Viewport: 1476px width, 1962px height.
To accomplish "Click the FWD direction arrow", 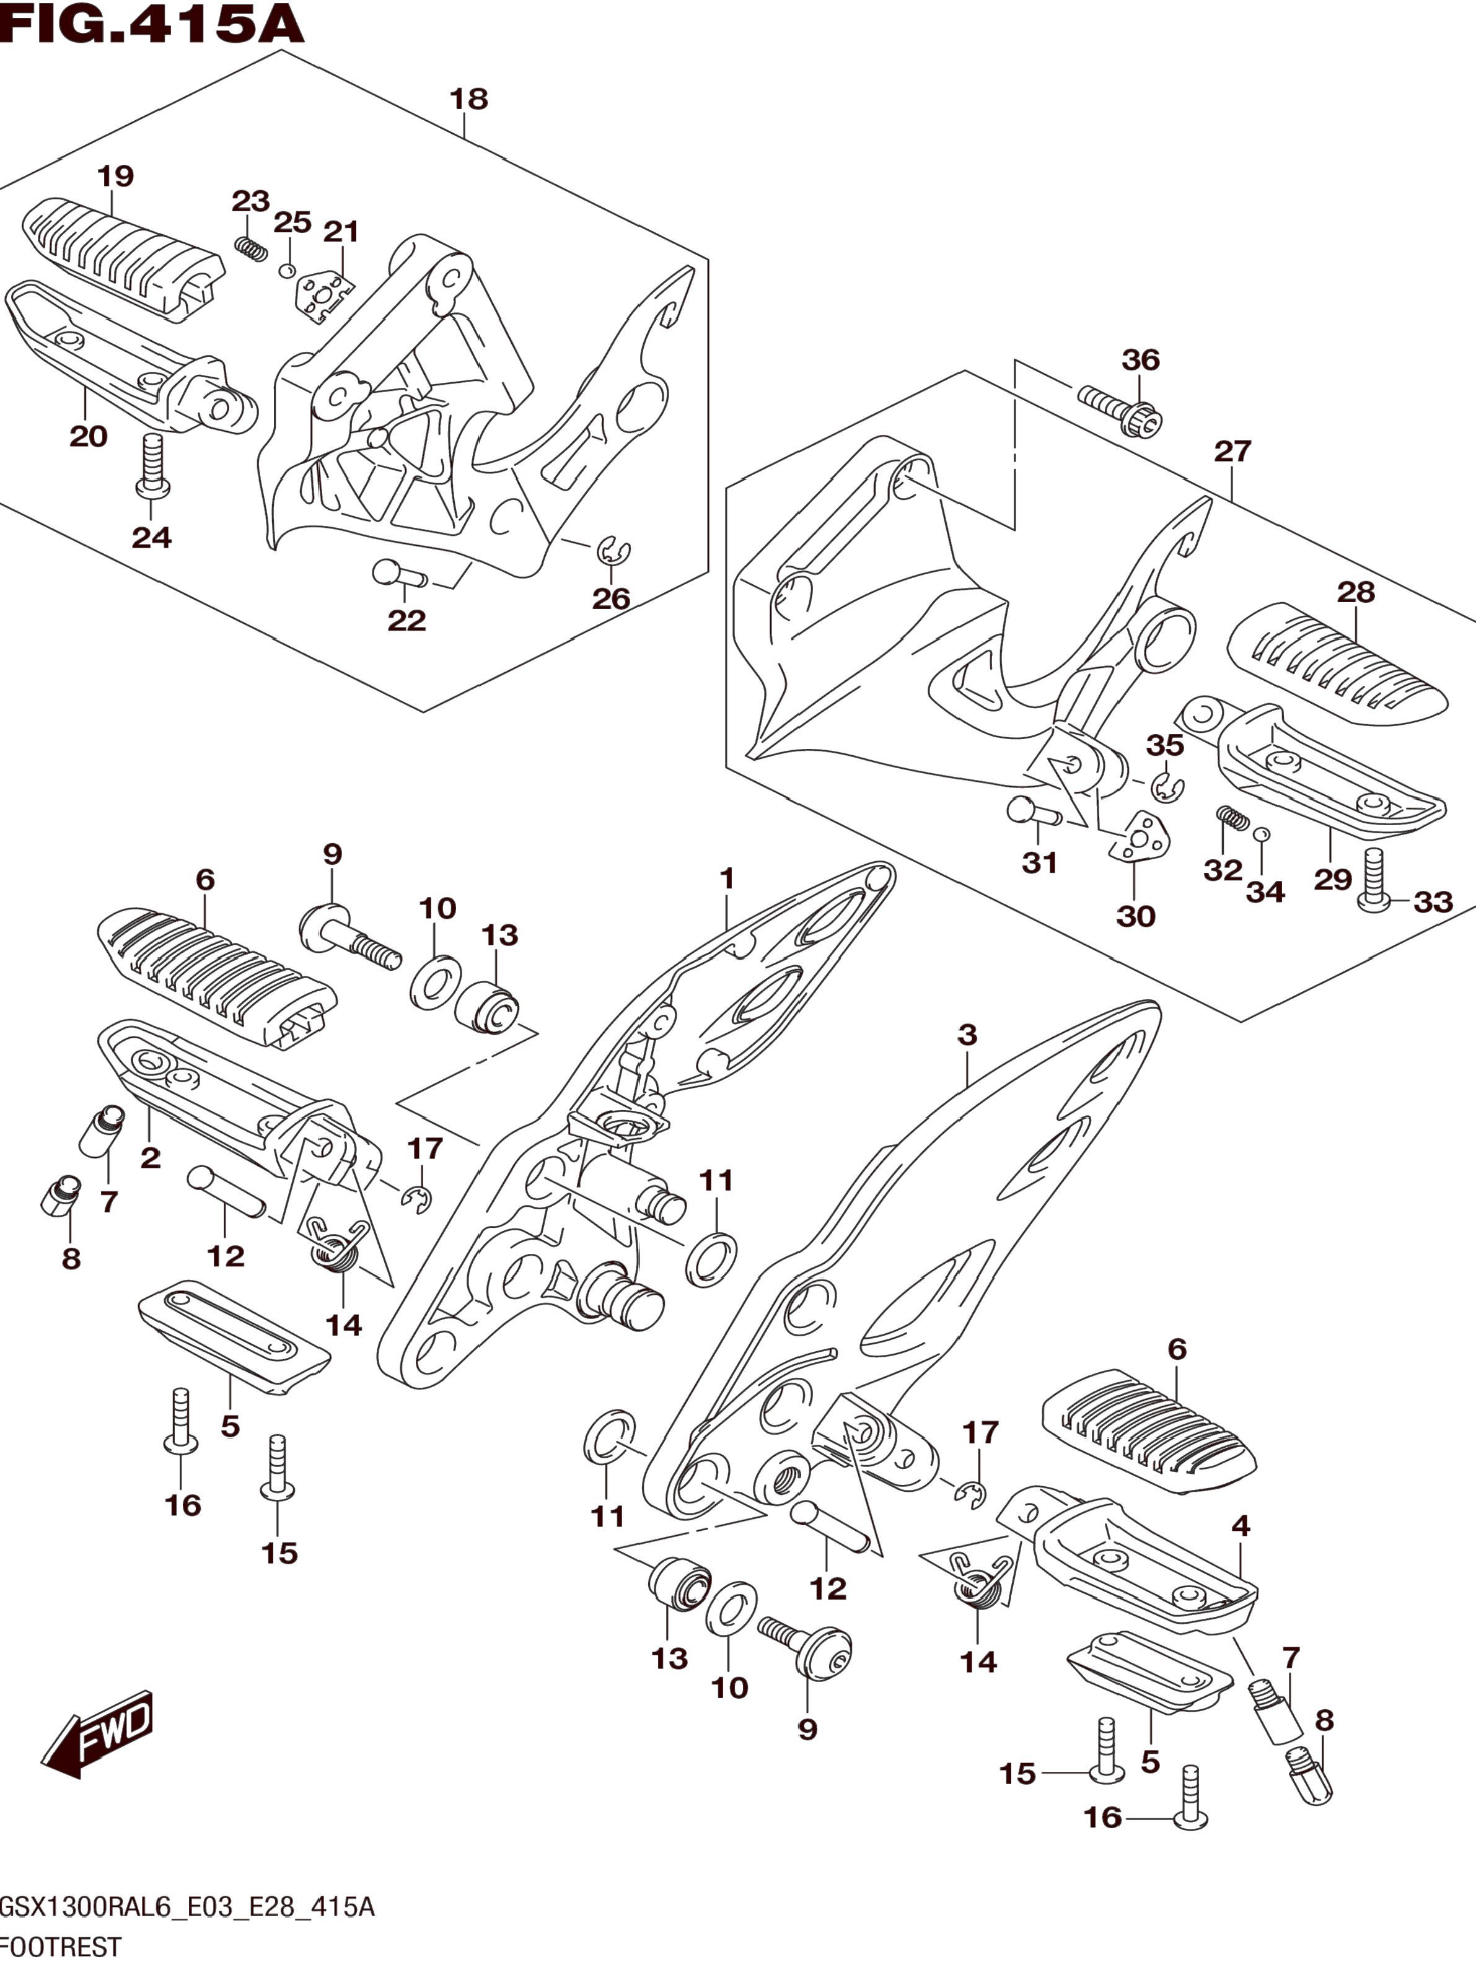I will [x=97, y=1734].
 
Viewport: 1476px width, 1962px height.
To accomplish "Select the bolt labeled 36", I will [x=1120, y=409].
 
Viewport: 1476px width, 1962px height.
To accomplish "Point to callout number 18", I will [x=468, y=99].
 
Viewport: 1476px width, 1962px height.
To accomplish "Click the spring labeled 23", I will [x=252, y=249].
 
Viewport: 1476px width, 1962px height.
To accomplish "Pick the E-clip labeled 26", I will [x=613, y=552].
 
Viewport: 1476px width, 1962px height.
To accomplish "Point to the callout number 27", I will [x=1232, y=452].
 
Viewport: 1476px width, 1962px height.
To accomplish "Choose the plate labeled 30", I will [x=1140, y=836].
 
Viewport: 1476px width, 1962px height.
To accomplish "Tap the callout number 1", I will [x=726, y=879].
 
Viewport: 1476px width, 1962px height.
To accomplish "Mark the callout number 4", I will [x=1240, y=1526].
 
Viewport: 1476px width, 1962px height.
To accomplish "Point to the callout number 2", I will [x=150, y=1157].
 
